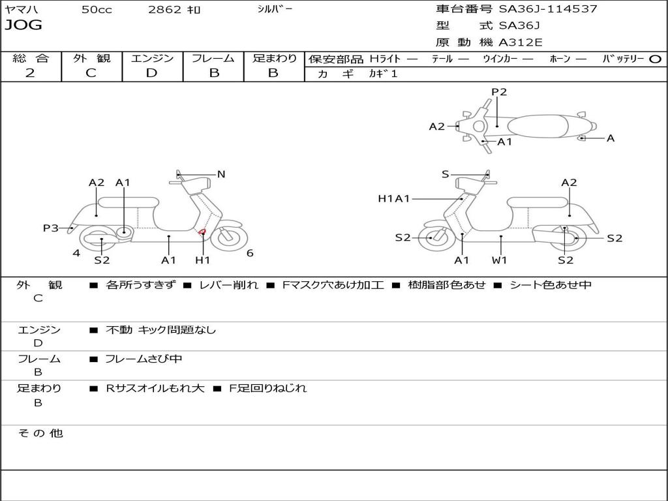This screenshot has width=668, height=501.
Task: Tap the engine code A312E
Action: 521,43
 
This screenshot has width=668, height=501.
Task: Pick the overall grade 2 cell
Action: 30,73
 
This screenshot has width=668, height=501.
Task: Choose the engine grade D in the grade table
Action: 151,73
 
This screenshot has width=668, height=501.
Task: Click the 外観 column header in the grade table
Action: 91,58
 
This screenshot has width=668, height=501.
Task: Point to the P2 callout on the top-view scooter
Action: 499,92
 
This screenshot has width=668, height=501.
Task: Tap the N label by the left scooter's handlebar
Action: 221,174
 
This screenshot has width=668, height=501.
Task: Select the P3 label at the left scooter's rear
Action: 51,228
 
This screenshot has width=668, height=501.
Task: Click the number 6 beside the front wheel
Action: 250,253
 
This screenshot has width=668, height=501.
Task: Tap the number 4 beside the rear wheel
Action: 76,253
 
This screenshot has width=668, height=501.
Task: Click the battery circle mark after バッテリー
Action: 655,59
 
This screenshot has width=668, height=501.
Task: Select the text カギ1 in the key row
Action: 383,74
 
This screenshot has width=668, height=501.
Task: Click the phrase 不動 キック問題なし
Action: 160,330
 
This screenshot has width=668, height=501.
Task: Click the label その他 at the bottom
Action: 40,433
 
